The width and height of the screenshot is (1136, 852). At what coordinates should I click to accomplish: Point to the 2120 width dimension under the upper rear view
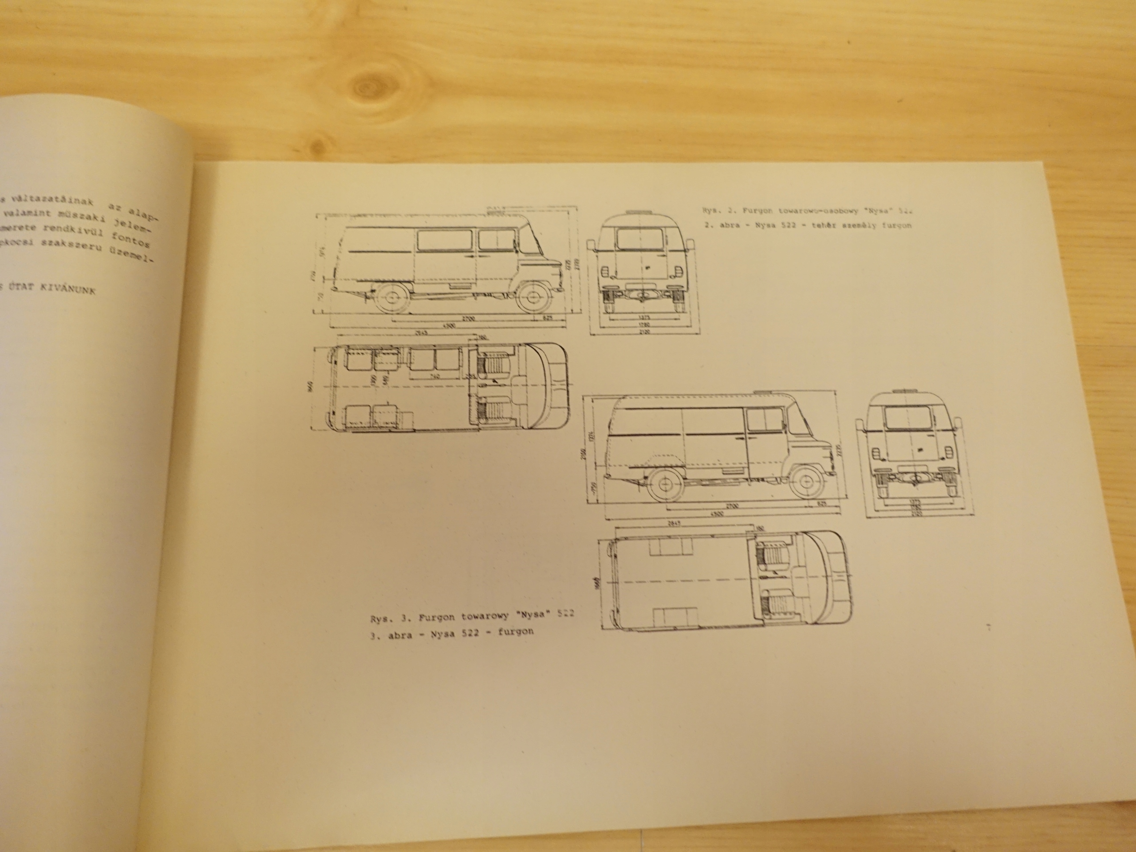tap(645, 332)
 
